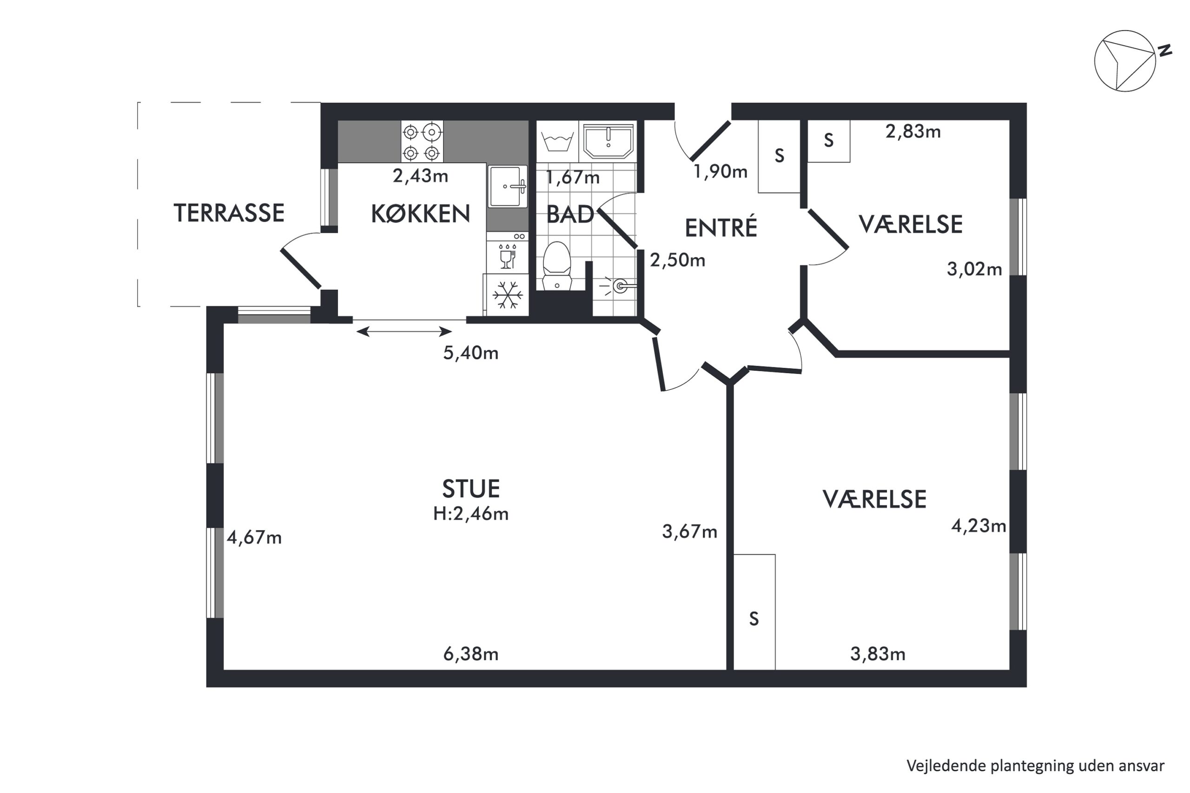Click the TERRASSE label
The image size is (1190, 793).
[229, 213]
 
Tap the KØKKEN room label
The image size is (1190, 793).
[420, 214]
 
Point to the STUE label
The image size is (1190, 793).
[471, 489]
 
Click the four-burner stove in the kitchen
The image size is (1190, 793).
[422, 142]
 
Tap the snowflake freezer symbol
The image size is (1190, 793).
[508, 295]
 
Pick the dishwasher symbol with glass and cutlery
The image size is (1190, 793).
[508, 256]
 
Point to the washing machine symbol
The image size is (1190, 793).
[557, 141]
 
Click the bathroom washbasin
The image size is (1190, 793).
[608, 141]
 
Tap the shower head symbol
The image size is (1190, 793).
[618, 287]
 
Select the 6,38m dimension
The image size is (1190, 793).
[471, 654]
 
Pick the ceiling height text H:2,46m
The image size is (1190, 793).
[471, 514]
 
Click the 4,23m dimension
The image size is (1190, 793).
[978, 526]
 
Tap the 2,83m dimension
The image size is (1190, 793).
[913, 131]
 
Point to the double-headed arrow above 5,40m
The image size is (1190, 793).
[404, 332]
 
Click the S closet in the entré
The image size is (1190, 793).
[779, 156]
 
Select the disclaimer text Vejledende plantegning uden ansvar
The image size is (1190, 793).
[1035, 766]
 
